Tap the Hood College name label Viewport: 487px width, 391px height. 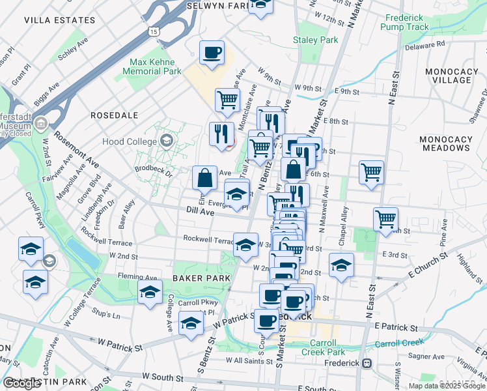tap(130, 141)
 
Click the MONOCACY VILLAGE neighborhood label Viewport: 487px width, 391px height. tap(451, 75)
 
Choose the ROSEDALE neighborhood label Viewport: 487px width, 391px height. tap(114, 115)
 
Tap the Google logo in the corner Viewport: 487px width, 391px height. tap(22, 383)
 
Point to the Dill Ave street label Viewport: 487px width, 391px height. tap(201, 212)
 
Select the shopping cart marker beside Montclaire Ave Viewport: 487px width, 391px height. tap(227, 100)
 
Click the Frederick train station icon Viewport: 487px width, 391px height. tap(367, 363)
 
